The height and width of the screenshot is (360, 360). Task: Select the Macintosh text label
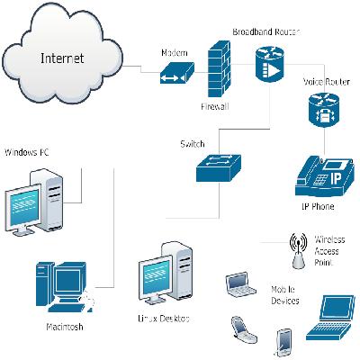tap(64, 327)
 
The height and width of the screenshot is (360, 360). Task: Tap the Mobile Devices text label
tap(286, 298)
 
